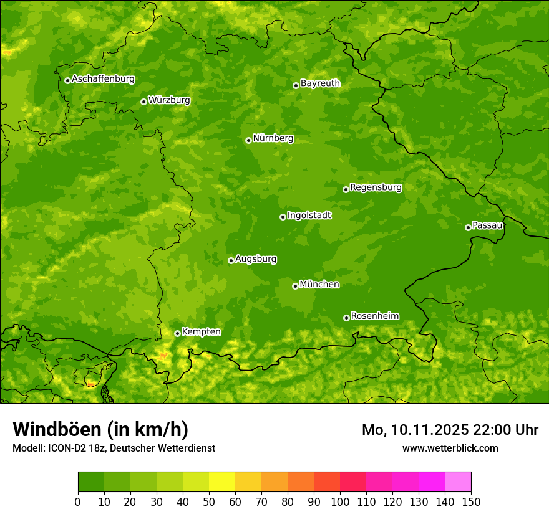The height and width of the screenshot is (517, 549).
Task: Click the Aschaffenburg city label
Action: tap(103, 79)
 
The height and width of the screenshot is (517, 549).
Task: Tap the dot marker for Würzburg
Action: tap(143, 102)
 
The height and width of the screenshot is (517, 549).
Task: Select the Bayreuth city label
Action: tap(320, 83)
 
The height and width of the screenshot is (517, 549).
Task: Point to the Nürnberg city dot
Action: tap(248, 140)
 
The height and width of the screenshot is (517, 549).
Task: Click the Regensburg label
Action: tap(376, 187)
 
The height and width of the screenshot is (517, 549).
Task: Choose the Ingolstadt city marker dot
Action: tap(283, 217)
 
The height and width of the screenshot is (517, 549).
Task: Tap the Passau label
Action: tap(487, 225)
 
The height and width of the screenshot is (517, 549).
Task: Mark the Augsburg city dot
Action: tap(231, 260)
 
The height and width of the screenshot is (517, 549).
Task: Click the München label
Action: tap(319, 285)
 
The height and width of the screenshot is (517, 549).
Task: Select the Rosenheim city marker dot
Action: tap(346, 318)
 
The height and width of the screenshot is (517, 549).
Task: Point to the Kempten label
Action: tap(201, 332)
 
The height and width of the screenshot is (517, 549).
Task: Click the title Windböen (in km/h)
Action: tap(100, 429)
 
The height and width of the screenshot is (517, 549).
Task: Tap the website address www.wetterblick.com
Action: tap(450, 448)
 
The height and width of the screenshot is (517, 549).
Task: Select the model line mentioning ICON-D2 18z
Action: tap(114, 448)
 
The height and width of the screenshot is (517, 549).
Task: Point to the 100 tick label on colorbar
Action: tap(339, 501)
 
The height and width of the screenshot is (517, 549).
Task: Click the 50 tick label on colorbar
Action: tap(208, 501)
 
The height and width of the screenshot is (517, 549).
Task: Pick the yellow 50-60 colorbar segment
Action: tap(221, 482)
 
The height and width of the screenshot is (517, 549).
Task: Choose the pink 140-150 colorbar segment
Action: tap(457, 482)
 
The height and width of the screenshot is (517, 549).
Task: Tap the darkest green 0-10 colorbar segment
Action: tap(90, 482)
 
